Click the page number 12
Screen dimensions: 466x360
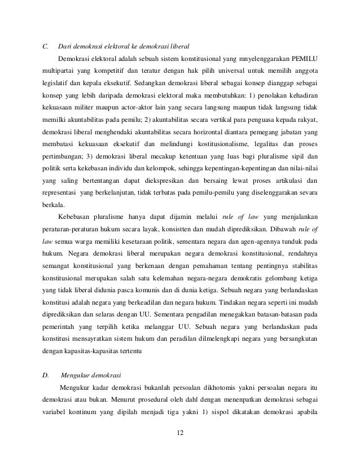(180, 433)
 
